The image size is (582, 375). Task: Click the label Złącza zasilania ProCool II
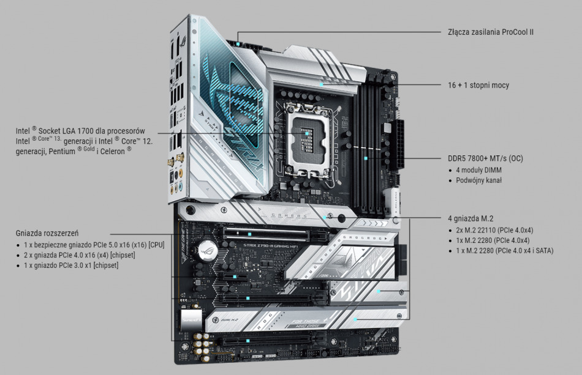[x=491, y=31]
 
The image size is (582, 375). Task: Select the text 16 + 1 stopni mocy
[x=478, y=85]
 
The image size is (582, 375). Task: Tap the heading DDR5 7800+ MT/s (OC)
[x=485, y=158]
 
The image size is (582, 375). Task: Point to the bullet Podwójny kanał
[x=478, y=180]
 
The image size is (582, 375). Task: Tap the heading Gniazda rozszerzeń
[x=47, y=233]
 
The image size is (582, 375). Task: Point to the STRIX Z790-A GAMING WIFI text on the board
[x=276, y=247]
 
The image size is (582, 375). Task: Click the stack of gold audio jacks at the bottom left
[x=199, y=346]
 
